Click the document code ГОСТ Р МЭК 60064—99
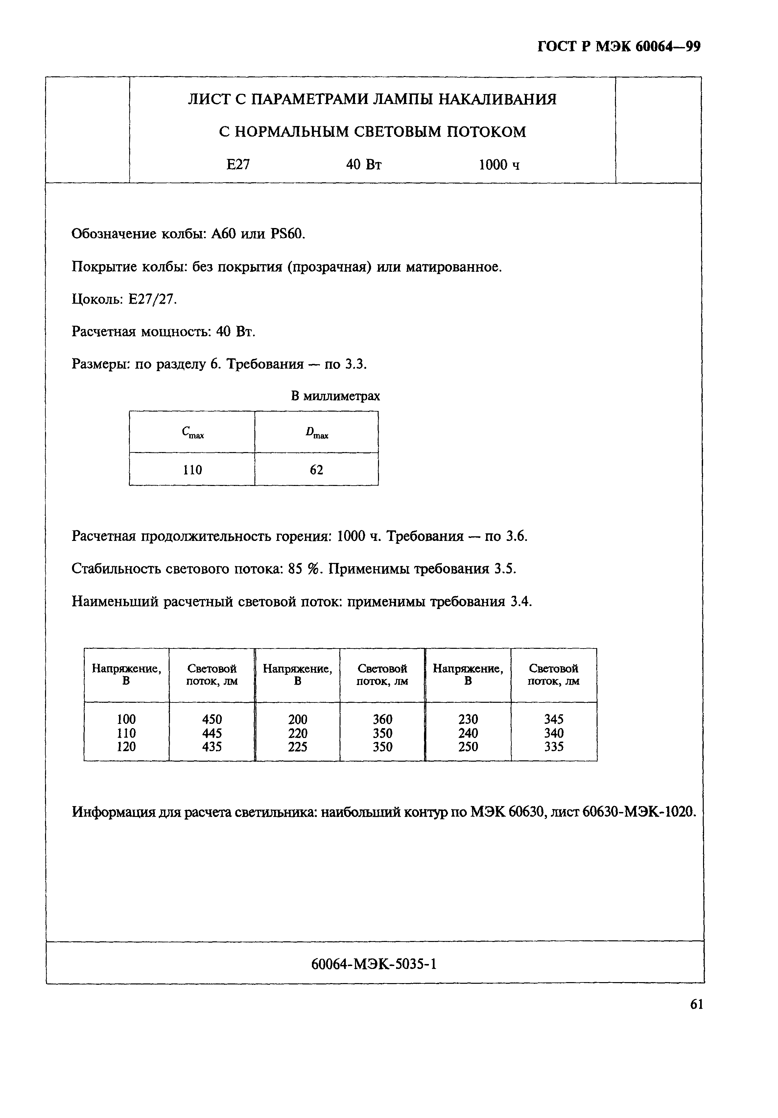619,46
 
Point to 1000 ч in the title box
499,165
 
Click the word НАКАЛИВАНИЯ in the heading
497,99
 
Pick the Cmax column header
192,432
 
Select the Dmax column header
317,432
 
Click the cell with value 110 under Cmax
192,470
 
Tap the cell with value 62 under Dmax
317,470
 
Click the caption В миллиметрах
335,396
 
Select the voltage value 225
297,747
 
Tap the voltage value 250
468,747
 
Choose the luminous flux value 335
554,747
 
